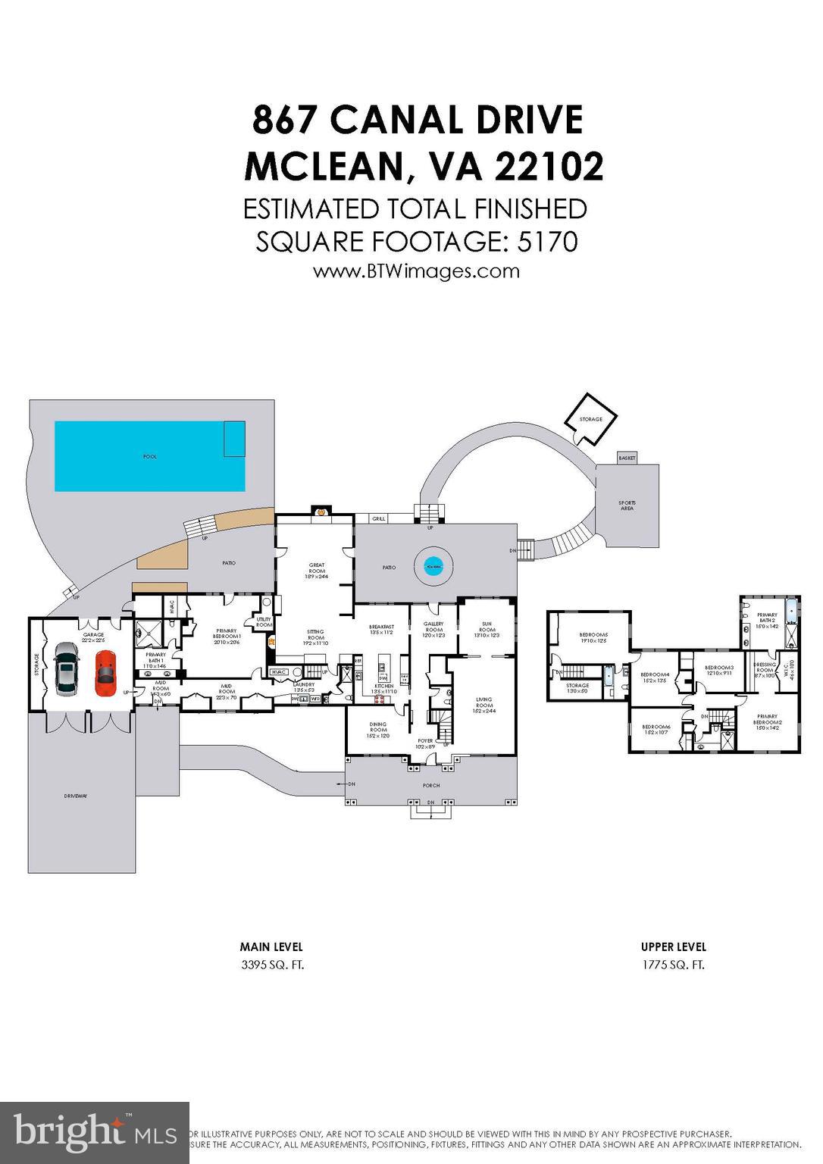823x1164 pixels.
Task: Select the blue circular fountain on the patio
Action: click(x=433, y=566)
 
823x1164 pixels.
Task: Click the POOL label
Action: click(x=150, y=457)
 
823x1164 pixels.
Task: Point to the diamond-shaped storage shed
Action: click(x=590, y=419)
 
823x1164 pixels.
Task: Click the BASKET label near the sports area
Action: click(x=627, y=458)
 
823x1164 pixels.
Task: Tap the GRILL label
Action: click(x=379, y=519)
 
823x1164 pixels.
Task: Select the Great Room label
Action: click(x=317, y=571)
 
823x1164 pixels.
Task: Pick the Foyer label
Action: click(x=425, y=743)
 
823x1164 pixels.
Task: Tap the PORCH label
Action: click(x=431, y=785)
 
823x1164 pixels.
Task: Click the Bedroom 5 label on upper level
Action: click(x=593, y=638)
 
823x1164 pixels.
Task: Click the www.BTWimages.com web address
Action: click(x=416, y=271)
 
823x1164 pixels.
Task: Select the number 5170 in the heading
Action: click(x=547, y=242)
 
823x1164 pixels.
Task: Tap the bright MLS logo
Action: click(x=94, y=1132)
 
